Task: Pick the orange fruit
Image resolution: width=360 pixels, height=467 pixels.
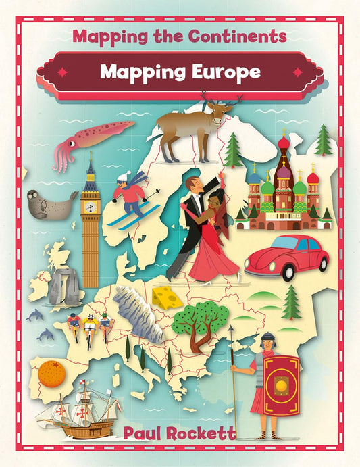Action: [51, 374]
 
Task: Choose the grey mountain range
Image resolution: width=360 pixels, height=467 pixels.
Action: [138, 311]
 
